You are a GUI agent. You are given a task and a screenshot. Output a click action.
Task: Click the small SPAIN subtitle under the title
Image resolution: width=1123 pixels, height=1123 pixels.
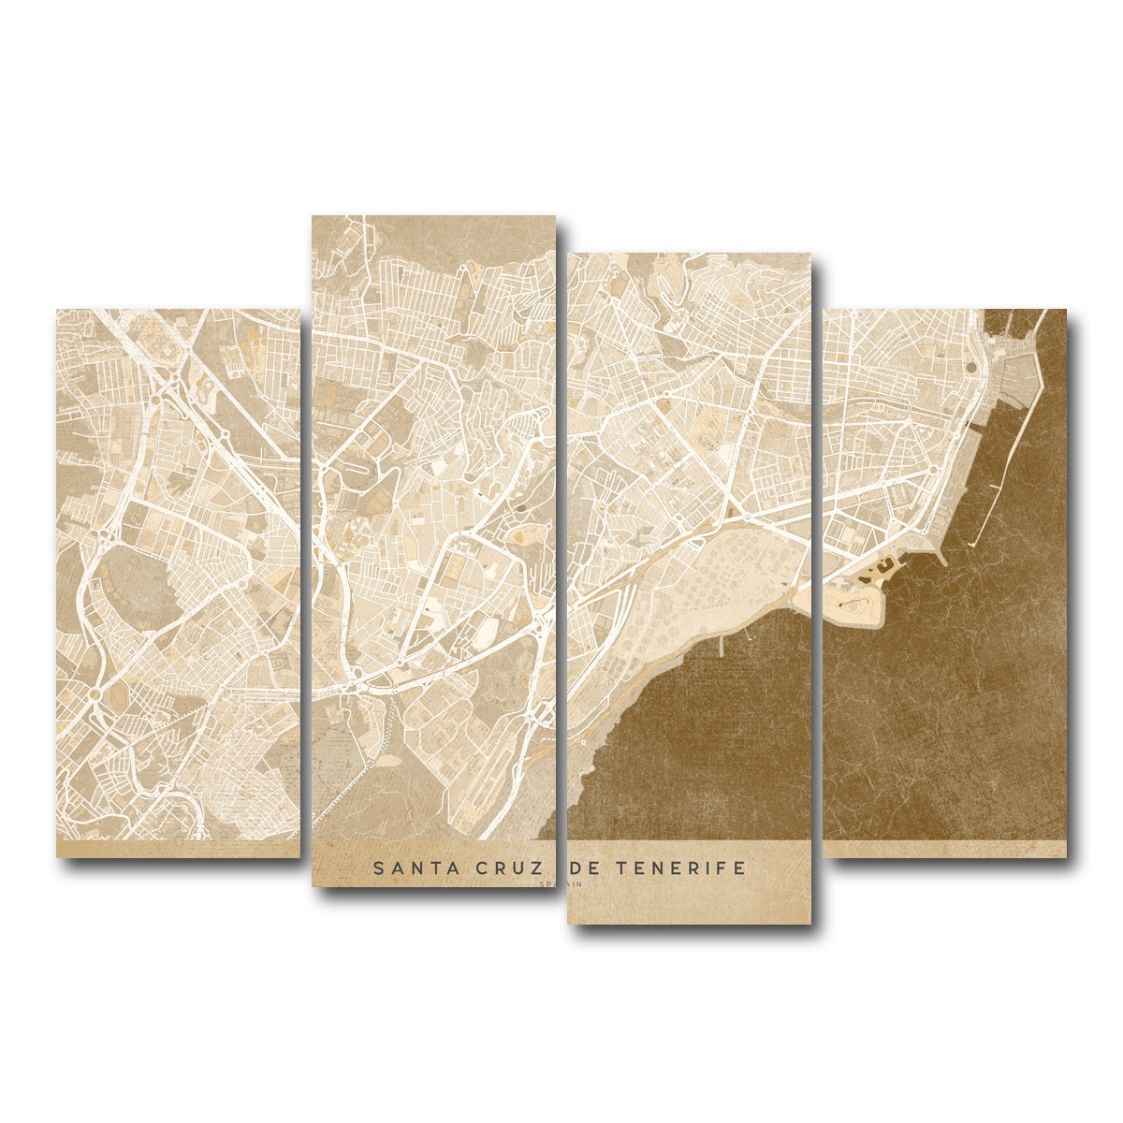click(x=561, y=883)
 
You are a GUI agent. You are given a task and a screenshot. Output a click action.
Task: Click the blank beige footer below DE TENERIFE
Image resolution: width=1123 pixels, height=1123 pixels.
click(x=689, y=903)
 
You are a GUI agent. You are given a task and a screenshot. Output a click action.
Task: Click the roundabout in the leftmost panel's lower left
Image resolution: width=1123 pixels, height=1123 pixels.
click(x=95, y=694)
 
